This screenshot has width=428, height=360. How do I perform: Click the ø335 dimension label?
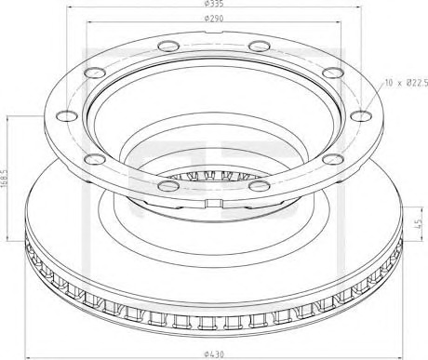coord(214,3)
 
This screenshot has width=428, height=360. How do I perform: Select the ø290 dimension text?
coord(214,19)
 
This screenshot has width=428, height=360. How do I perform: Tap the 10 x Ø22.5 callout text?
coord(407,83)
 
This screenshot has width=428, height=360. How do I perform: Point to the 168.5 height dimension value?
coord(5,178)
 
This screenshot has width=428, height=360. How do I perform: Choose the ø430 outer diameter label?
coord(214,353)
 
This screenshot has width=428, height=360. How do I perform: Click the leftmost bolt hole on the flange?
coord(67,115)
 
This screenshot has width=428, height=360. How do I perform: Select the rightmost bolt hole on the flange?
coord(361,115)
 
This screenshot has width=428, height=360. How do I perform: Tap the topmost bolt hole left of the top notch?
coord(168,47)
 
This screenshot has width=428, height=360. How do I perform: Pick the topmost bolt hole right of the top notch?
coord(260,47)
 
